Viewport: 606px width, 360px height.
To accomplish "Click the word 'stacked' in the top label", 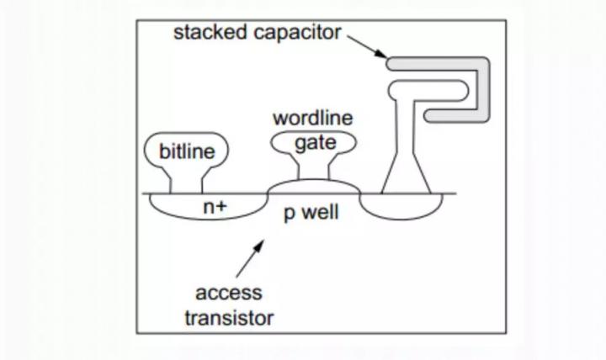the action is coord(210,32).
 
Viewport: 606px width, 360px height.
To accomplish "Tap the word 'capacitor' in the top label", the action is coord(297,34).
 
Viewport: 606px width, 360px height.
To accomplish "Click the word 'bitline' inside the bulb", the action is coord(187,151).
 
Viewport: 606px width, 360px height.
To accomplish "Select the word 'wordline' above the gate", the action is coord(312,118).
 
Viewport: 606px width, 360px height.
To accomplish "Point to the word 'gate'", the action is coord(316,143).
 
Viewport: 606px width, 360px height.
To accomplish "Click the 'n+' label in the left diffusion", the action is coord(215,207).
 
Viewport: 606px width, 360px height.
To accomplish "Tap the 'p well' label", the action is coord(311,213).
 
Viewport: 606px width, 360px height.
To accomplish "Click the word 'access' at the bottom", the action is coord(229,294).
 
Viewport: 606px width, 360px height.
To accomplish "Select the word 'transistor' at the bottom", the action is coord(229,319).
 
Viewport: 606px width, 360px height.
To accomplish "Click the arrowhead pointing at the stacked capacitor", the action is coord(381,54).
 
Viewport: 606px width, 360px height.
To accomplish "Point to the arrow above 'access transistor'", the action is coord(250,258).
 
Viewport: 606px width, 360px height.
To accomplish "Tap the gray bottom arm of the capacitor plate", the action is coord(452,116).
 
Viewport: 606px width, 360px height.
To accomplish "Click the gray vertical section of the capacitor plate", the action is coord(483,90).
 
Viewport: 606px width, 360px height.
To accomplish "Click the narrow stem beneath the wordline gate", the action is coord(314,167).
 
